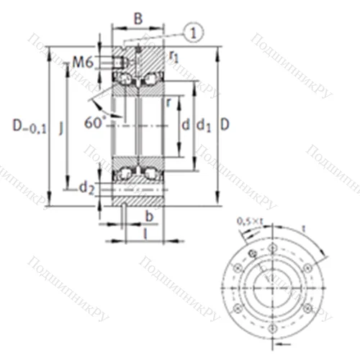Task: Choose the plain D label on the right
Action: point(225,125)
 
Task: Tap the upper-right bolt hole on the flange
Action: point(300,261)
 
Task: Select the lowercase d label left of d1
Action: point(186,126)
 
